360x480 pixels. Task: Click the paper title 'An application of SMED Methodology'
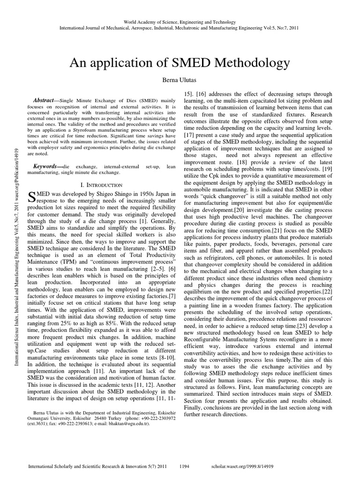pyautogui.click(x=180, y=63)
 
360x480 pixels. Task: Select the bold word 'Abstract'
pyautogui.click(x=44, y=101)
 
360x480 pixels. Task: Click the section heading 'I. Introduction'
pyautogui.click(x=102, y=185)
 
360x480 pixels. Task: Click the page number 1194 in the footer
pyautogui.click(x=185, y=466)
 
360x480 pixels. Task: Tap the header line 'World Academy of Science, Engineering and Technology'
pyautogui.click(x=180, y=22)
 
